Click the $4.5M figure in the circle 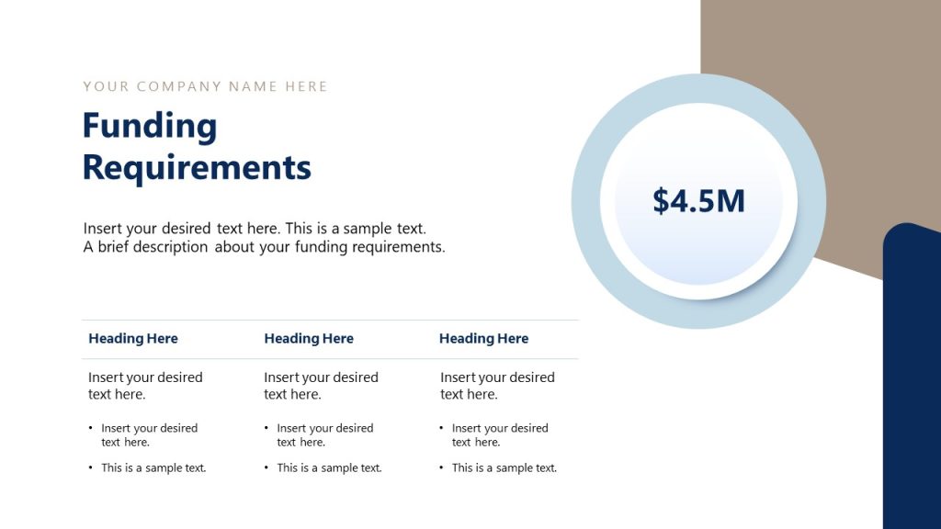[x=698, y=201]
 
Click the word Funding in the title [x=150, y=127]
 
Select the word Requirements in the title [x=197, y=168]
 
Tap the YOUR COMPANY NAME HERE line [x=205, y=86]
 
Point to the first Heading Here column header [x=133, y=339]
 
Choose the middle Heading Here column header [x=309, y=339]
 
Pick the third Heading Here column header [x=483, y=339]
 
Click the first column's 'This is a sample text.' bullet [x=153, y=468]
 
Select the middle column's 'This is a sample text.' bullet [x=329, y=468]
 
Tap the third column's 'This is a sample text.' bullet [x=504, y=468]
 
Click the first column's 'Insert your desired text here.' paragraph [x=145, y=386]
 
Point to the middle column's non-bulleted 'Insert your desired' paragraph [x=321, y=386]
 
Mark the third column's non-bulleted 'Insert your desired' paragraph [x=497, y=386]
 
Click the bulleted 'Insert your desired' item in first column [x=149, y=434]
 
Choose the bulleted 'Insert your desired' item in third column [x=500, y=434]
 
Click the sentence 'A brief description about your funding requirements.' [x=265, y=247]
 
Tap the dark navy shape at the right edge [x=912, y=386]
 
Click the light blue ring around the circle [x=588, y=201]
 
